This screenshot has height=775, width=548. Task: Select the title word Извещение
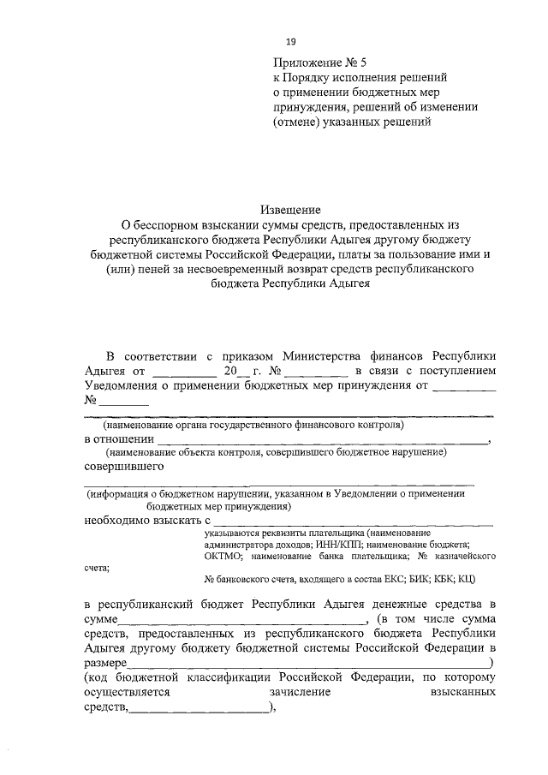click(291, 210)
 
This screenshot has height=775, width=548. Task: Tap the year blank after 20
click(242, 372)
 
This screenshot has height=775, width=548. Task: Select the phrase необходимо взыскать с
click(146, 520)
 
